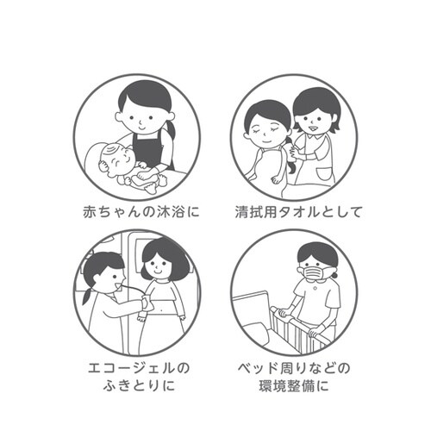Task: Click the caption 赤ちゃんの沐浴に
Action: point(141,212)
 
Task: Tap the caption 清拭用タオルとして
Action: point(298,212)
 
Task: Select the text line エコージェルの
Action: point(139,368)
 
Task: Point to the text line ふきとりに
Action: point(139,385)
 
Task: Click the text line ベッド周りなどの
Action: point(294,368)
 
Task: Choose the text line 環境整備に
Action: point(294,386)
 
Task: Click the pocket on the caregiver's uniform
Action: point(323,174)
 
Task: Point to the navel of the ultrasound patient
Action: point(162,309)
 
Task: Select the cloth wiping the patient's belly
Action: point(147,304)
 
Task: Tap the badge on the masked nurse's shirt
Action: point(315,289)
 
